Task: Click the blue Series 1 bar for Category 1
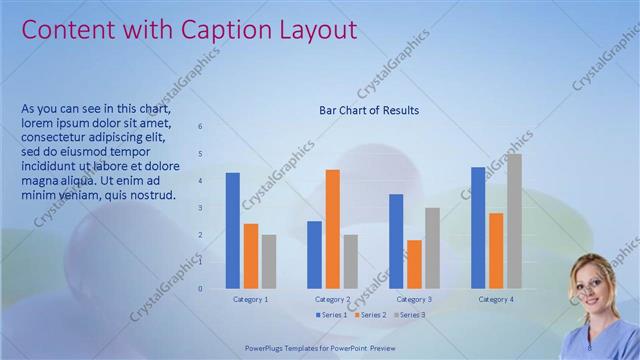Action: point(233,231)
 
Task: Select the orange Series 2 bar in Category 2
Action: point(333,229)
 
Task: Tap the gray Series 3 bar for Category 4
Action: point(514,221)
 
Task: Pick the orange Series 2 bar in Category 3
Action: point(414,264)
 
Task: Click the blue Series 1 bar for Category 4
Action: point(478,228)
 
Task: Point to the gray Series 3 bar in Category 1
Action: point(269,262)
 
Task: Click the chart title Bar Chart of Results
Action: point(369,110)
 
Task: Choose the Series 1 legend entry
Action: point(332,315)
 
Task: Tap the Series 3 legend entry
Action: point(409,315)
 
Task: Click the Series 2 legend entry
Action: point(370,315)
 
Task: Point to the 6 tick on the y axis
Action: point(200,127)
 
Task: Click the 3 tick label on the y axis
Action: point(200,208)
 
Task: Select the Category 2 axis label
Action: point(332,299)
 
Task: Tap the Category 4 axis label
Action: point(496,299)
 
